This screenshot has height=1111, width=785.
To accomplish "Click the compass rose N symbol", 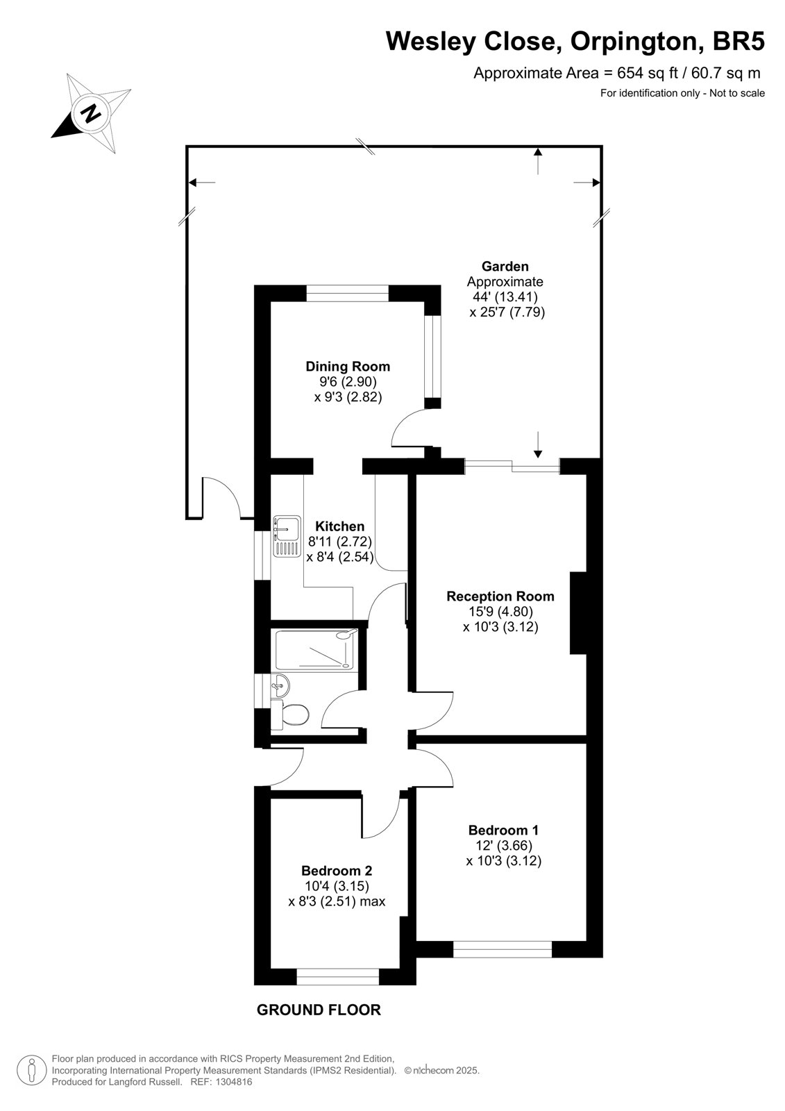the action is click(91, 114).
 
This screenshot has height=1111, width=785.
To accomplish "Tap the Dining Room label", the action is click(348, 367).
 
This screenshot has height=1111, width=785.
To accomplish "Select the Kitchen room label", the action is click(339, 526).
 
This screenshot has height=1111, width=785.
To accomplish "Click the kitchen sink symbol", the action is click(287, 536).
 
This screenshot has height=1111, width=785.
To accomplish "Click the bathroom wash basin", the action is click(280, 687).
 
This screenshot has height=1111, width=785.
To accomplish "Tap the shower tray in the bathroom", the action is click(316, 650).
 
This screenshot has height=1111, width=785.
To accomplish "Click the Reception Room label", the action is click(500, 596).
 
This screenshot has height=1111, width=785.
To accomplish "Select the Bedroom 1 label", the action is click(503, 830).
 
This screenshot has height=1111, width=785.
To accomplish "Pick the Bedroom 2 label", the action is click(337, 871).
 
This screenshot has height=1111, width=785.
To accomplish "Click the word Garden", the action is click(505, 267).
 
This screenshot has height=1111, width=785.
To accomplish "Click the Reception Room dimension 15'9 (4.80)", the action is click(501, 612).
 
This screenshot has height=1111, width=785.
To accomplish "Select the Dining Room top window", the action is click(347, 293).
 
